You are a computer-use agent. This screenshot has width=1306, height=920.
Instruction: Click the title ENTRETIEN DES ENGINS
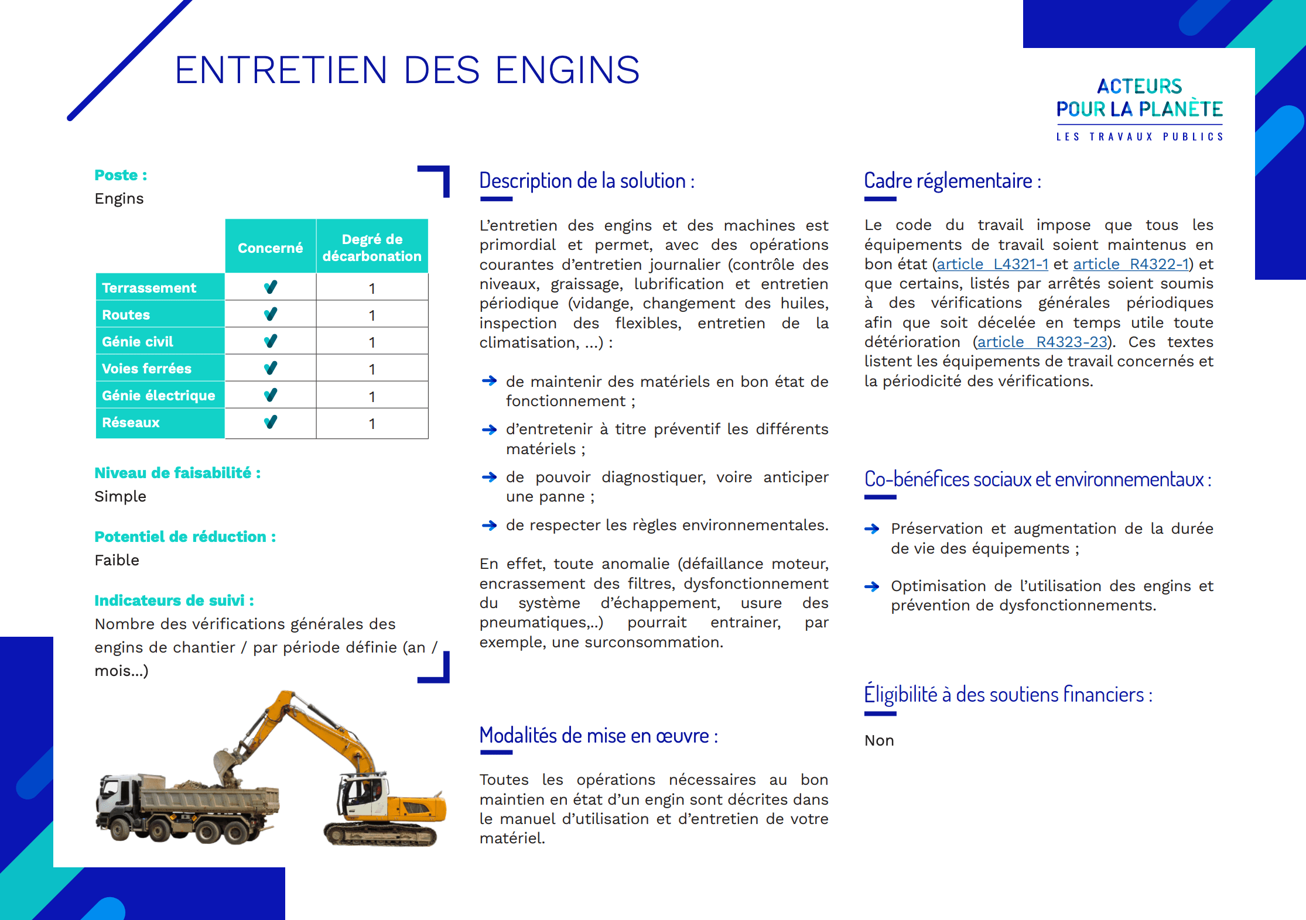tap(406, 70)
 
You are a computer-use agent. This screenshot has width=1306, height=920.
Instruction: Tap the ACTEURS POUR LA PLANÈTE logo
tap(1139, 109)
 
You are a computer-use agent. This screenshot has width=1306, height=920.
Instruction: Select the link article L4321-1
tap(992, 265)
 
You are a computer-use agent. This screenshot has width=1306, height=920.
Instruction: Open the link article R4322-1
tap(1130, 265)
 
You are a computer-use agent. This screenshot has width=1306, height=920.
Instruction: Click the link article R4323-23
tap(1042, 342)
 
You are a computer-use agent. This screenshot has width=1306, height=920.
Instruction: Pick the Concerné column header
tap(270, 248)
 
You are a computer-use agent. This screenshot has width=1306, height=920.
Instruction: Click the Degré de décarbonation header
tap(372, 248)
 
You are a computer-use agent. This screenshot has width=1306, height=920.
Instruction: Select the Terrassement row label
tap(149, 288)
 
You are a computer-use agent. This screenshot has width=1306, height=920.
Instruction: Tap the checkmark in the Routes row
tap(270, 314)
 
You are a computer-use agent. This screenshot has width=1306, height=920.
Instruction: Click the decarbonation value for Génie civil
tap(372, 342)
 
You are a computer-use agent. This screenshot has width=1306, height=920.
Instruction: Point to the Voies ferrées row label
tap(147, 369)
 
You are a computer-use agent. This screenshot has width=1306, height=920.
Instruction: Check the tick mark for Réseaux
tap(270, 422)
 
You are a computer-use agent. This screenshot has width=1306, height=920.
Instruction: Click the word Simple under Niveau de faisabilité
tap(121, 496)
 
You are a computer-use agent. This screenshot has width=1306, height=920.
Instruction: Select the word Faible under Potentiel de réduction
tap(117, 560)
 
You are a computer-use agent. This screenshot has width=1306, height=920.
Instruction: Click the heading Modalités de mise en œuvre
tap(598, 736)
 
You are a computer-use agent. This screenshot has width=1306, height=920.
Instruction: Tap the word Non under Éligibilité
tap(879, 741)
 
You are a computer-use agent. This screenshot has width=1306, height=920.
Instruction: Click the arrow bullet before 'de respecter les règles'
tap(489, 526)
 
